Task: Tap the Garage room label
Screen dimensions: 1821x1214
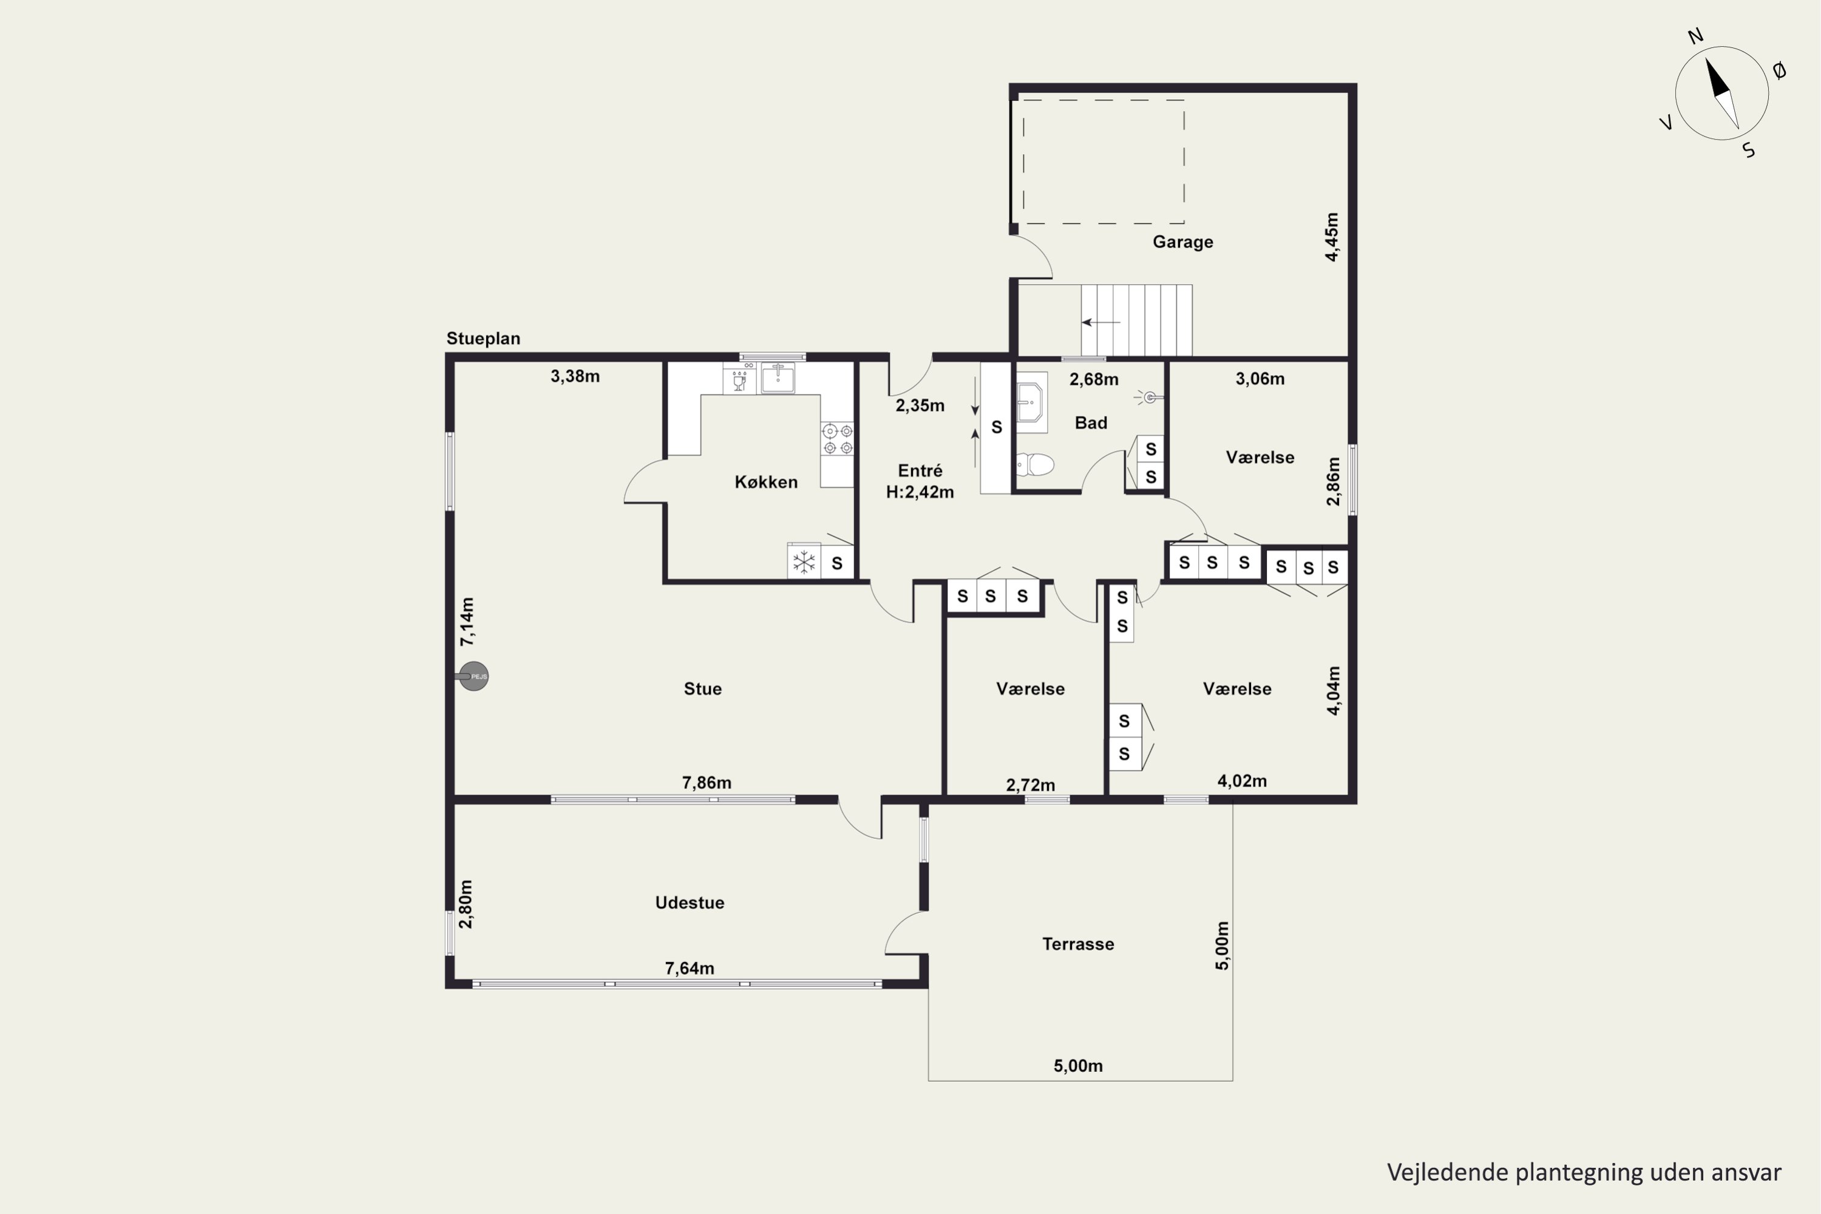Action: pos(1182,242)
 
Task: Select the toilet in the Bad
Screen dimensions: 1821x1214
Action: pos(1034,464)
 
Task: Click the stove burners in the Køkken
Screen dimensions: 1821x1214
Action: pos(838,439)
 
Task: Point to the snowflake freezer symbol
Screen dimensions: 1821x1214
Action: pos(804,561)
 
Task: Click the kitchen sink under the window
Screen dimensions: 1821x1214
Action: pos(778,378)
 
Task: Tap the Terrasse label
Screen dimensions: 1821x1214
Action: pos(1078,944)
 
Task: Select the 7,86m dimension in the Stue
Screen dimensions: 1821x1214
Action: pos(706,783)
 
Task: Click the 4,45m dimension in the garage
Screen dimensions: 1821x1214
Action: pos(1331,237)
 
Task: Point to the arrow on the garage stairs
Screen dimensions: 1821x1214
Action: pos(1101,322)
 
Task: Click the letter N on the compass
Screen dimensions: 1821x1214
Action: pos(1695,36)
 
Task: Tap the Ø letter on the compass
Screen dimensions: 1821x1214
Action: pos(1779,71)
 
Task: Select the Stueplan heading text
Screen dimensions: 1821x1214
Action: pos(483,338)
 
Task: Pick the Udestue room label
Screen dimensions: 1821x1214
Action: pos(689,903)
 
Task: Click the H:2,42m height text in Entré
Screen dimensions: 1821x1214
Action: pos(920,492)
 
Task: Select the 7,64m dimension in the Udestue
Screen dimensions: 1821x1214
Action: pos(689,968)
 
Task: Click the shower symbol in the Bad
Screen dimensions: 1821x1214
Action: pos(1150,397)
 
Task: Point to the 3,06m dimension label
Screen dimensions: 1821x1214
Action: pos(1260,379)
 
